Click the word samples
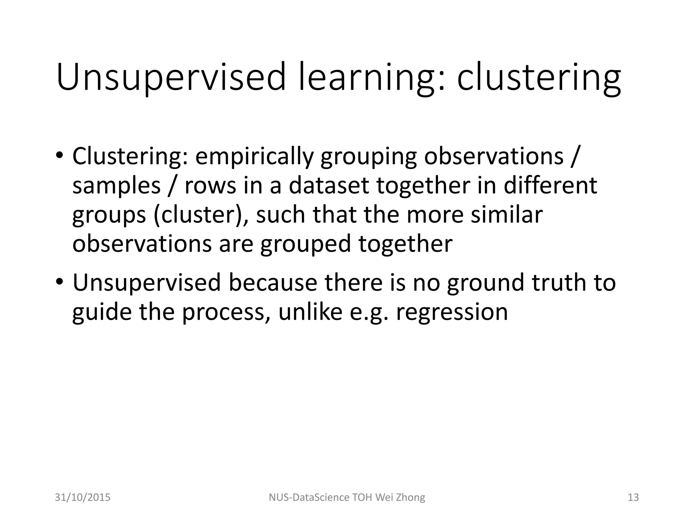(116, 186)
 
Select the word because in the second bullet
(273, 282)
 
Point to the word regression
(452, 312)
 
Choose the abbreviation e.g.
(369, 312)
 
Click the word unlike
(310, 312)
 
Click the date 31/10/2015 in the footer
(83, 497)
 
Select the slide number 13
(633, 497)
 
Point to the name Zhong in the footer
(410, 497)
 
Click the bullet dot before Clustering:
(59, 157)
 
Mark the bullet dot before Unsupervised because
(59, 282)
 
